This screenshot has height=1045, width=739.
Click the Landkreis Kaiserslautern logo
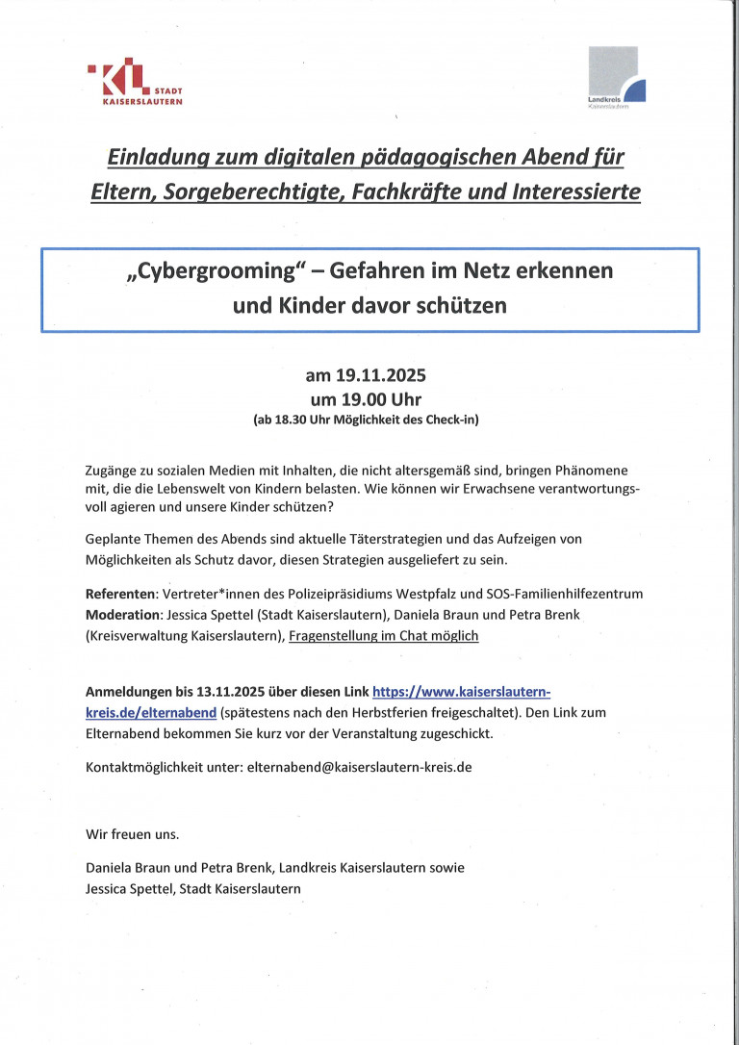pos(616,79)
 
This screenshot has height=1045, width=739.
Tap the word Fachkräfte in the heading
pos(417,191)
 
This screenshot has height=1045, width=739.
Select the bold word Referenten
pos(121,594)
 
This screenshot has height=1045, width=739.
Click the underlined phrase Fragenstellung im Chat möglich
pos(383,636)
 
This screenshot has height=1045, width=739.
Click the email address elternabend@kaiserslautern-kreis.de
pos(359,768)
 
